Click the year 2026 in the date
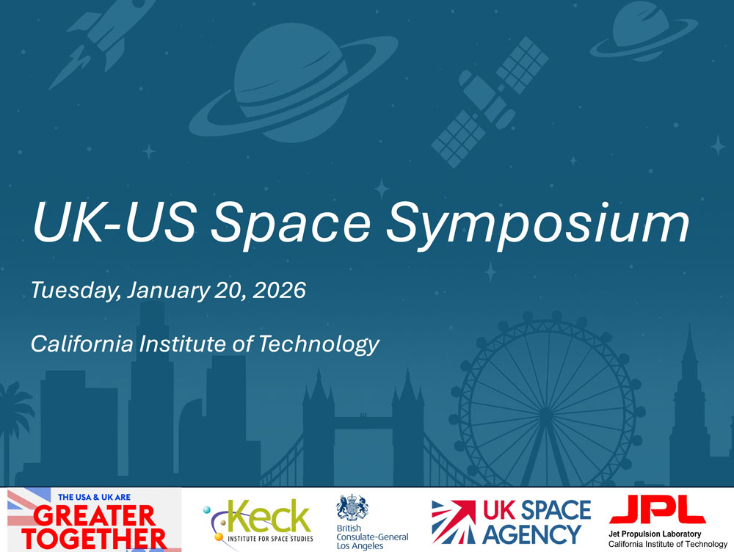[x=278, y=290]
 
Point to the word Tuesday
[x=73, y=291]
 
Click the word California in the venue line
[x=87, y=343]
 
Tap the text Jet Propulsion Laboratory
[x=655, y=534]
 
